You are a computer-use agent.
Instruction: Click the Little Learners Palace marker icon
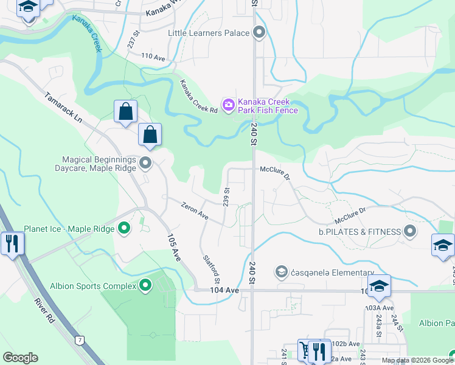[260, 33]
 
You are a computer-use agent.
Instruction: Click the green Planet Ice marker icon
[124, 229]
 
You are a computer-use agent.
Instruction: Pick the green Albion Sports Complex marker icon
[145, 285]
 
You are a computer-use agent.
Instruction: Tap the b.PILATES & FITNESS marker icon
[410, 231]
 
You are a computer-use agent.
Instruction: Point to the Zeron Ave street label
[195, 212]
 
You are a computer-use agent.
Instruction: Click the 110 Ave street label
[153, 57]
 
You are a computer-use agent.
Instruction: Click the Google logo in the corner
[20, 358]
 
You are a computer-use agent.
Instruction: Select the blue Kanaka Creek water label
[86, 33]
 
